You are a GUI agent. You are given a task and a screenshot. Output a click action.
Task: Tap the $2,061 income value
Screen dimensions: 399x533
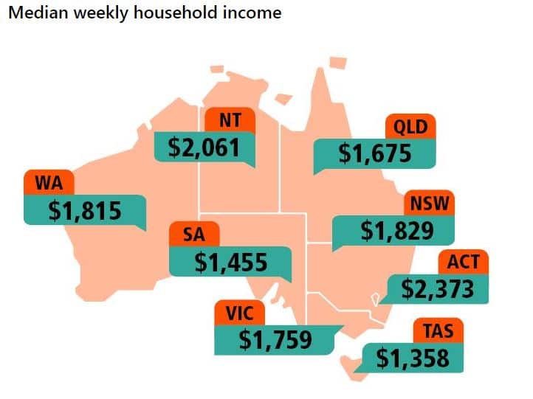coord(204,148)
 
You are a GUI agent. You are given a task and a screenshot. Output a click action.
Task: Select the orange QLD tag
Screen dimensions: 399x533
coord(411,127)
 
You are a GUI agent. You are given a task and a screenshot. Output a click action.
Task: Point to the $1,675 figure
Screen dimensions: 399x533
coord(374,153)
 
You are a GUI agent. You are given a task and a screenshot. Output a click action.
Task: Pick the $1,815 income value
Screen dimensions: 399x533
coord(84,210)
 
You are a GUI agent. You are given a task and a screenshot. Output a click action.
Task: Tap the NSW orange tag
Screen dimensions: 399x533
coord(429,203)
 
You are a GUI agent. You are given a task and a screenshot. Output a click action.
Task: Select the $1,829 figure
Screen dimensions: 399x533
coord(396,232)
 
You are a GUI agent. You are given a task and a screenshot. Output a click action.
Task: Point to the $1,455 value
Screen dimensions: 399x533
coord(231,263)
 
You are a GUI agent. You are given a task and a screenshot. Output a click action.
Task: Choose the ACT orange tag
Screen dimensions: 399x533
coord(463,261)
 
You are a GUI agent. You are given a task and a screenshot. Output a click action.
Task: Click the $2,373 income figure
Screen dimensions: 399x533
coord(437,288)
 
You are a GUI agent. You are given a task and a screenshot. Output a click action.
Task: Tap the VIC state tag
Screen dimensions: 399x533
coord(239,313)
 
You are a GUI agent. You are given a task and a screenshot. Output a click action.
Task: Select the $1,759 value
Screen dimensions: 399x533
coord(275,339)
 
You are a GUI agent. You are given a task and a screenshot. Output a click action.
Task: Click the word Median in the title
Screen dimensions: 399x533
coord(33,13)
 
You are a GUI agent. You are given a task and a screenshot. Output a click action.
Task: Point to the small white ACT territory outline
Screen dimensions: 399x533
coord(375,299)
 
